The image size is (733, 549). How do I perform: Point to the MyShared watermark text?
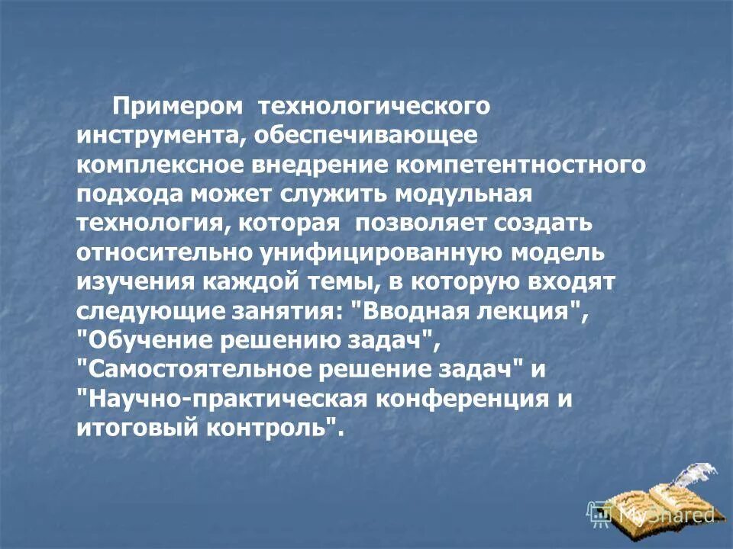tap(666, 515)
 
